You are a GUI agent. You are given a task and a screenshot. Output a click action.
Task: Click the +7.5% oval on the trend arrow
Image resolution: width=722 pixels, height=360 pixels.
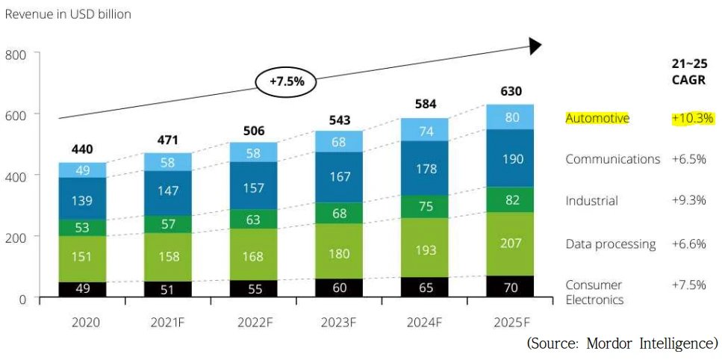pyautogui.click(x=287, y=81)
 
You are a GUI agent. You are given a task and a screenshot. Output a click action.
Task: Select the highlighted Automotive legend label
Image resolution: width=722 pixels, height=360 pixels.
pyautogui.click(x=597, y=118)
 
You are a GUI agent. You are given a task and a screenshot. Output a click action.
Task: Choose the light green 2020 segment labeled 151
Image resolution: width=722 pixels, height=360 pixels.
pyautogui.click(x=83, y=257)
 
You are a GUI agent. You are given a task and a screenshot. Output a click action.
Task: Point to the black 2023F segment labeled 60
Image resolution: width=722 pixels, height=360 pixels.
pyautogui.click(x=339, y=288)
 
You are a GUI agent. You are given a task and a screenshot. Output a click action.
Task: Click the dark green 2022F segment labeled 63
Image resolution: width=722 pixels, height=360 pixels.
pyautogui.click(x=253, y=219)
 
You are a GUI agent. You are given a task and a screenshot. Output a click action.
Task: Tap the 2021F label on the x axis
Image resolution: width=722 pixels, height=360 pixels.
pyautogui.click(x=168, y=323)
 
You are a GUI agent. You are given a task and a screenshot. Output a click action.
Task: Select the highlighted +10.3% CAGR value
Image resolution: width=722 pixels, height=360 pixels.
pyautogui.click(x=693, y=118)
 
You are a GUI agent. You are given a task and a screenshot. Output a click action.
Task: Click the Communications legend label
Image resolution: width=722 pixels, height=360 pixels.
pyautogui.click(x=612, y=159)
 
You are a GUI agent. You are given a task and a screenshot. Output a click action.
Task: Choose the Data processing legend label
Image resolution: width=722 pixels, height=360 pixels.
pyautogui.click(x=610, y=243)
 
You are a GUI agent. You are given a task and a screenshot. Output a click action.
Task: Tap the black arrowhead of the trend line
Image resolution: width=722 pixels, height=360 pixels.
pyautogui.click(x=535, y=46)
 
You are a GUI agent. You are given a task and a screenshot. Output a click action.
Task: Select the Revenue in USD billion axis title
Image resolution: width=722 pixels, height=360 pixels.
pyautogui.click(x=68, y=14)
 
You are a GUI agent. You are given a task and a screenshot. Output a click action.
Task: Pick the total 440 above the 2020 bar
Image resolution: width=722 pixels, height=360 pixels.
pyautogui.click(x=83, y=149)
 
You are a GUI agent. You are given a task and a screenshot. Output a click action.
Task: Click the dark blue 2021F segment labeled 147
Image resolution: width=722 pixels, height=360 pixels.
pyautogui.click(x=168, y=190)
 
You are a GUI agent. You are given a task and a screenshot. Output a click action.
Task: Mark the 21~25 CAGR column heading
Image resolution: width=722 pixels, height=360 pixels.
pyautogui.click(x=688, y=72)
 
